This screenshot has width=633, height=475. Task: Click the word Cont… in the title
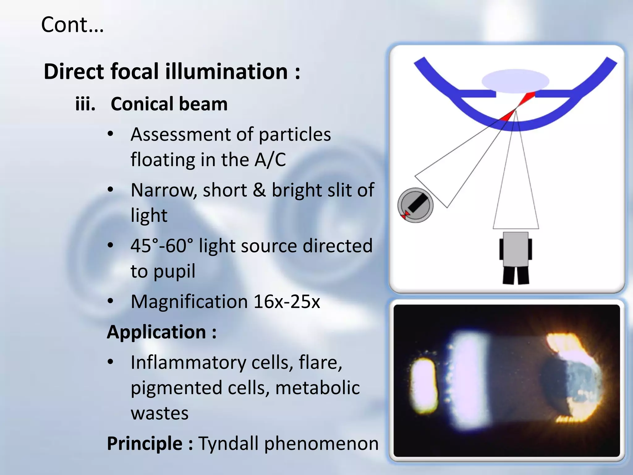coord(72,25)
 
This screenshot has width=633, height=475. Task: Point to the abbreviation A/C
coord(270,160)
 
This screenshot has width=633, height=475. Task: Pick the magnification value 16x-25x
coord(287,302)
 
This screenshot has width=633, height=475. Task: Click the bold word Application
coord(156,332)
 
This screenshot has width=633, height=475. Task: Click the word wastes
coord(159,413)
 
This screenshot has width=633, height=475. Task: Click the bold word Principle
coord(145,443)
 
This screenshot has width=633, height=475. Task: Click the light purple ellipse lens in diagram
coord(515,81)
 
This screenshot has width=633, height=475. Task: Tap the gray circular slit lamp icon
coord(415,205)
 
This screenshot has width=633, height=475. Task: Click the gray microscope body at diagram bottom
coord(516,249)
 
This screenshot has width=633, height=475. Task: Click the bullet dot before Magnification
coord(110,301)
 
